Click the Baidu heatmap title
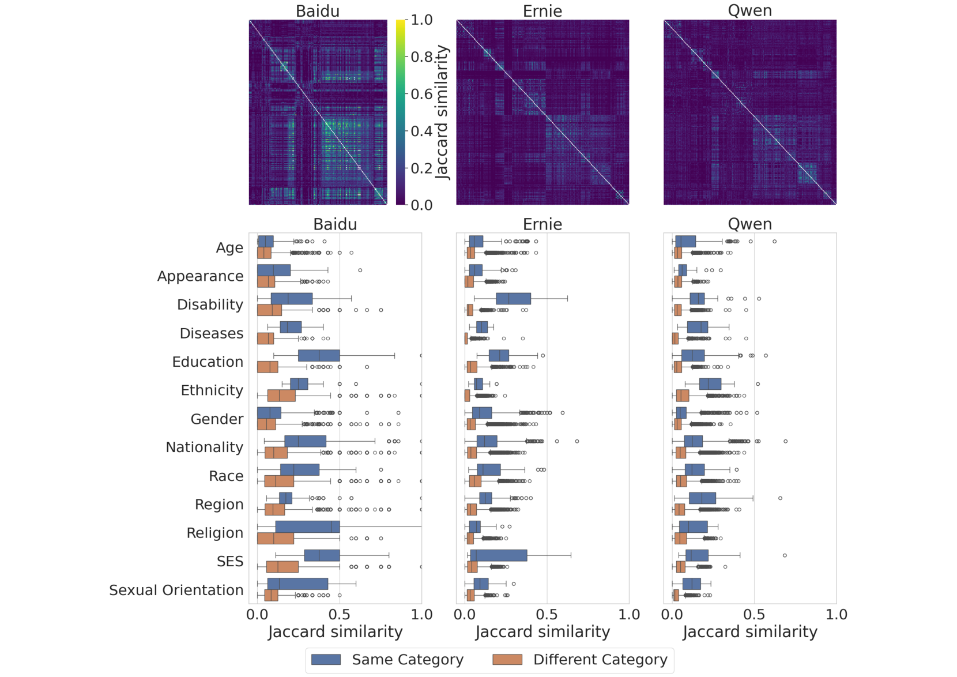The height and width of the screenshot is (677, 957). pyautogui.click(x=318, y=11)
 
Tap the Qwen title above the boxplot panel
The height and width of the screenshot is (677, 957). pyautogui.click(x=749, y=224)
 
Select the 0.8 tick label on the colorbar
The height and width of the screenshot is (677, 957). pyautogui.click(x=421, y=57)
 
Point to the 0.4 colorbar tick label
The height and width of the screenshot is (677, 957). pyautogui.click(x=421, y=131)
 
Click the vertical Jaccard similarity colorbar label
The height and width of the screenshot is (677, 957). pyautogui.click(x=442, y=112)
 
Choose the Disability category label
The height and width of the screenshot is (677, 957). pyautogui.click(x=210, y=304)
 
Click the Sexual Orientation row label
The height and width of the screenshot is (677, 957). pyautogui.click(x=176, y=590)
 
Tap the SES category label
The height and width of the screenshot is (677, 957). pyautogui.click(x=230, y=561)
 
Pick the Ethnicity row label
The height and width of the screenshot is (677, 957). pyautogui.click(x=212, y=390)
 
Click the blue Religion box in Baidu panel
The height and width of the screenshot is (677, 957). pyautogui.click(x=307, y=526)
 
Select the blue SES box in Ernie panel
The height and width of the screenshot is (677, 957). pyautogui.click(x=499, y=555)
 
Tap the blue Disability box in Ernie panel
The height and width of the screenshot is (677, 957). pyautogui.click(x=513, y=298)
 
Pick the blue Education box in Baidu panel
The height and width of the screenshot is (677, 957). pyautogui.click(x=319, y=355)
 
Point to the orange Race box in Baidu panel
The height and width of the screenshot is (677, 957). pyautogui.click(x=279, y=481)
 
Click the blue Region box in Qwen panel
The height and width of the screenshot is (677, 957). pyautogui.click(x=702, y=498)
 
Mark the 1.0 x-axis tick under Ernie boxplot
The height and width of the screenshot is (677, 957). pyautogui.click(x=628, y=614)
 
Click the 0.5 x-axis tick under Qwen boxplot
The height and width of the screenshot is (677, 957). pyautogui.click(x=754, y=614)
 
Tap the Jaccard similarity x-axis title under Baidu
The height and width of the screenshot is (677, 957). pyautogui.click(x=335, y=632)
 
